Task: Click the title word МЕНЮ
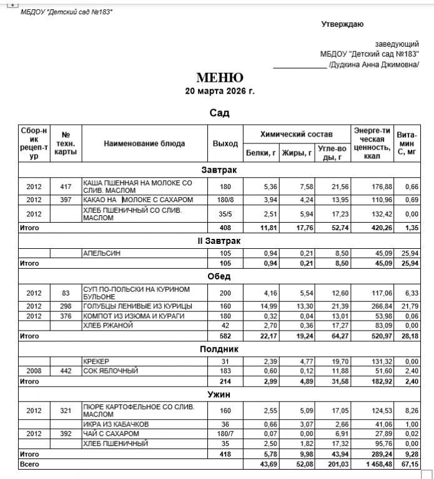(219, 78)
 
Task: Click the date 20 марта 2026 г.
(220, 91)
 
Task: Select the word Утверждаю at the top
(342, 24)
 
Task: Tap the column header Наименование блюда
(144, 143)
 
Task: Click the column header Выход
(225, 143)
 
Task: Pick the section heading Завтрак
(219, 170)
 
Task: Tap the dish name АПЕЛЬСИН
(101, 254)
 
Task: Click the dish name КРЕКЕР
(96, 362)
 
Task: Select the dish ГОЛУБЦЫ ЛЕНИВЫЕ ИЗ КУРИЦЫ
(137, 306)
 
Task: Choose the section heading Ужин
(219, 395)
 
